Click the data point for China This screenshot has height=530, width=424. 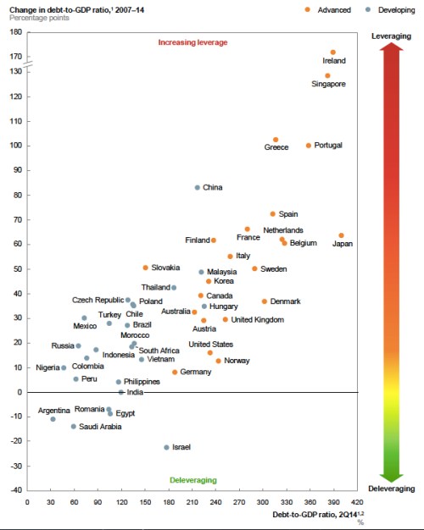[x=198, y=188]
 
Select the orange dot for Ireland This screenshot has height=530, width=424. [x=333, y=52]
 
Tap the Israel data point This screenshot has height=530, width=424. [x=166, y=447]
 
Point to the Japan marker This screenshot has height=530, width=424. [x=341, y=235]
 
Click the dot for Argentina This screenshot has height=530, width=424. [x=53, y=419]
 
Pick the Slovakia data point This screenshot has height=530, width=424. [x=146, y=268]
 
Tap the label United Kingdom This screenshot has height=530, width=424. [x=257, y=320]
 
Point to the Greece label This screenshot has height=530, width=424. [x=276, y=147]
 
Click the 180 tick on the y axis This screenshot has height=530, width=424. [x=14, y=32]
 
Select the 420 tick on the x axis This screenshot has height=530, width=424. [x=360, y=501]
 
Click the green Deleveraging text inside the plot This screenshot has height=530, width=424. [x=193, y=480]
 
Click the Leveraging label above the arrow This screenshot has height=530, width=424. [x=393, y=36]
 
